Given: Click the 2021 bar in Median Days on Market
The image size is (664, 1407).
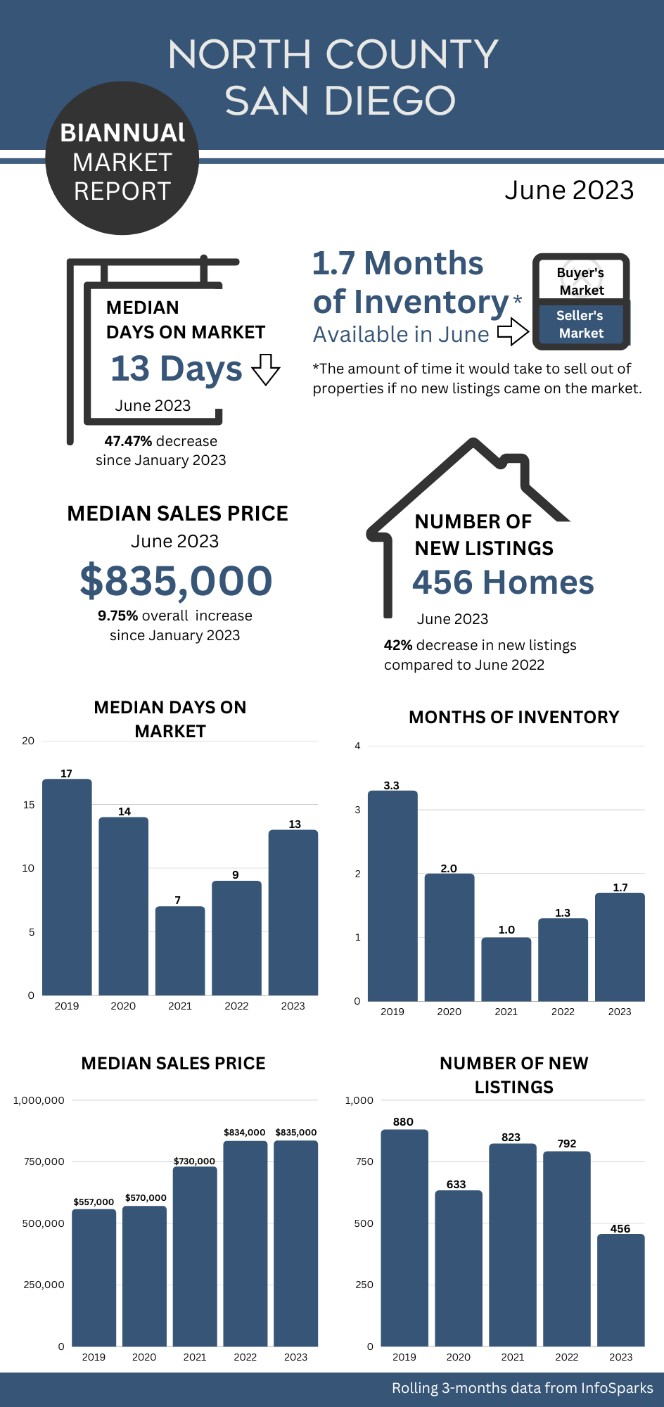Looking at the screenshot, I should (180, 950).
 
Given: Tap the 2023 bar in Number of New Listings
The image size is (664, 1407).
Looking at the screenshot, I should (620, 1290).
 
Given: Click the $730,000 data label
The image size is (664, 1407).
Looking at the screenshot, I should (194, 1161).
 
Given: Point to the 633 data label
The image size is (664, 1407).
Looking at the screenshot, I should (456, 1184).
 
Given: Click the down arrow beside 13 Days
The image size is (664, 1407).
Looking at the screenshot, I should (266, 369).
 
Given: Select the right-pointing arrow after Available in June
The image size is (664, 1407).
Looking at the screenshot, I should (513, 331).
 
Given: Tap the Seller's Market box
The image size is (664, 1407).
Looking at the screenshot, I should (581, 324).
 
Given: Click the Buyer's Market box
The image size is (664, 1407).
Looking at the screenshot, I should (581, 281).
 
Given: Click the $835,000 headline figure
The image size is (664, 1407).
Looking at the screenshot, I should (176, 580).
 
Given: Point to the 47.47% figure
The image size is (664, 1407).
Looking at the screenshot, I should (128, 441).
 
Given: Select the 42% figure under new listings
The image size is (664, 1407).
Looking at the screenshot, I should (398, 645).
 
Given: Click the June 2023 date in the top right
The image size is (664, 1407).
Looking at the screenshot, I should (569, 190).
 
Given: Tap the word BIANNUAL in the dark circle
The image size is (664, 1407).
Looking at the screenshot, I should (122, 133).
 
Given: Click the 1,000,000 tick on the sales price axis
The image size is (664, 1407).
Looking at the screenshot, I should (39, 1100).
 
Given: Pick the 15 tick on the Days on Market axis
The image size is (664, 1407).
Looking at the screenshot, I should (29, 805).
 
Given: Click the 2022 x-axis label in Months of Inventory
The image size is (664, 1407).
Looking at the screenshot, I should (563, 1012).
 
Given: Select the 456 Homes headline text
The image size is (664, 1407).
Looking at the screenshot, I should (503, 582).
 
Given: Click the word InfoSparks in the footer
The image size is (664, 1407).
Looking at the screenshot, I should (617, 1388).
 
